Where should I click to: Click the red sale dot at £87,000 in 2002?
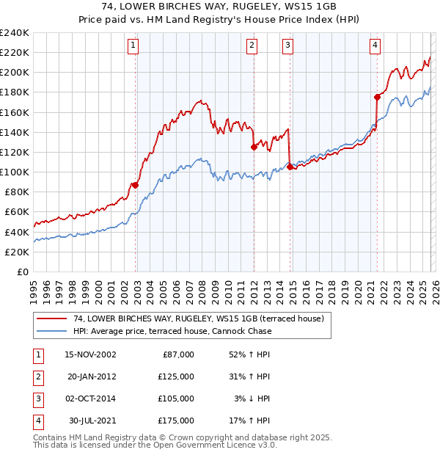[136, 185]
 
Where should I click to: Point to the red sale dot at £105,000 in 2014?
[290, 167]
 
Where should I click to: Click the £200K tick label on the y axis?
[15, 73]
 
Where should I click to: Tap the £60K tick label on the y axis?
[17, 211]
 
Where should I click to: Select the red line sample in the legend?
[53, 318]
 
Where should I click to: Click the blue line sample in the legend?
[53, 331]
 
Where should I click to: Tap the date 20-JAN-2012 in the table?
[91, 376]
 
